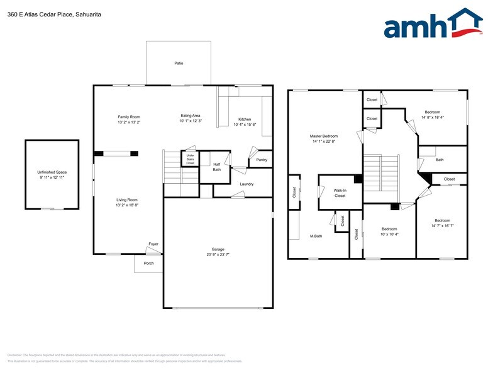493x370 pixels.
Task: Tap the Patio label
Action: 179,64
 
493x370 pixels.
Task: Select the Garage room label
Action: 218,249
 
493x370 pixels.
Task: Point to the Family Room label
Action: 129,117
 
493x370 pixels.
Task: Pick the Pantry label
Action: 262,160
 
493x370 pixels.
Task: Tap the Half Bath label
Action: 217,167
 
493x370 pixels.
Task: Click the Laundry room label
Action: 246,184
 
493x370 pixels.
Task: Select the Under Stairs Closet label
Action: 190,159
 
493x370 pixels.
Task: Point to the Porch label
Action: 149,263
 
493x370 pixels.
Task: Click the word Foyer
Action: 153,244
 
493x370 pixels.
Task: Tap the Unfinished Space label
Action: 52,172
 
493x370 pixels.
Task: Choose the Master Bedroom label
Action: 324,136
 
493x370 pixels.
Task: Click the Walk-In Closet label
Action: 340,192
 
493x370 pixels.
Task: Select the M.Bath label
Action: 316,236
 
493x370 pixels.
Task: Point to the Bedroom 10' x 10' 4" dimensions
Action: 389,234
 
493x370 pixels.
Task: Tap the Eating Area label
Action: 191,116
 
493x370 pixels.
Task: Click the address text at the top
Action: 54,14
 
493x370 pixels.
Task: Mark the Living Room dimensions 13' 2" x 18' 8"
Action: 126,205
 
